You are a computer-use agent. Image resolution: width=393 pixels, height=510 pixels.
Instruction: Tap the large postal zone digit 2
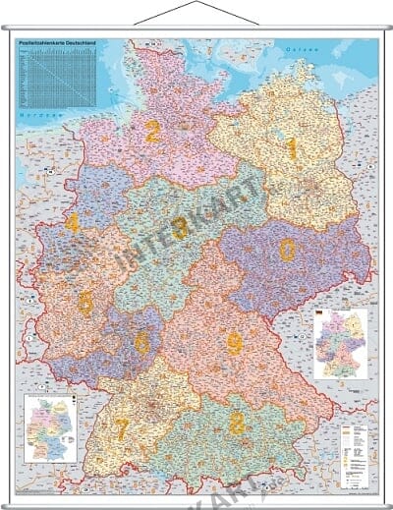click(151, 131)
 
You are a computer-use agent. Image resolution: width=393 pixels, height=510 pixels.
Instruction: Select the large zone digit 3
click(180, 229)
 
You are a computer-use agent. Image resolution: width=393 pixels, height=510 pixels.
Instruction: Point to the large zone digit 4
click(72, 224)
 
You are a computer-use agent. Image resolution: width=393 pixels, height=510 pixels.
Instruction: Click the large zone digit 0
click(287, 251)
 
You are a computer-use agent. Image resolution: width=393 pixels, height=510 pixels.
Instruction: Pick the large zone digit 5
click(85, 303)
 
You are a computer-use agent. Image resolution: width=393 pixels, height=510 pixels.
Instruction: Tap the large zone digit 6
click(142, 342)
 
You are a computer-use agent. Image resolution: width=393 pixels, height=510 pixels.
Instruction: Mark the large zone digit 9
click(234, 342)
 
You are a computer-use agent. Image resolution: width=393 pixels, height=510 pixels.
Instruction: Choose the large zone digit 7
click(121, 429)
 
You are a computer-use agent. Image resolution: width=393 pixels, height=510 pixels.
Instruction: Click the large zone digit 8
click(236, 423)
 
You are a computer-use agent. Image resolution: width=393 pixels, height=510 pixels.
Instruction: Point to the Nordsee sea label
click(37, 115)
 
